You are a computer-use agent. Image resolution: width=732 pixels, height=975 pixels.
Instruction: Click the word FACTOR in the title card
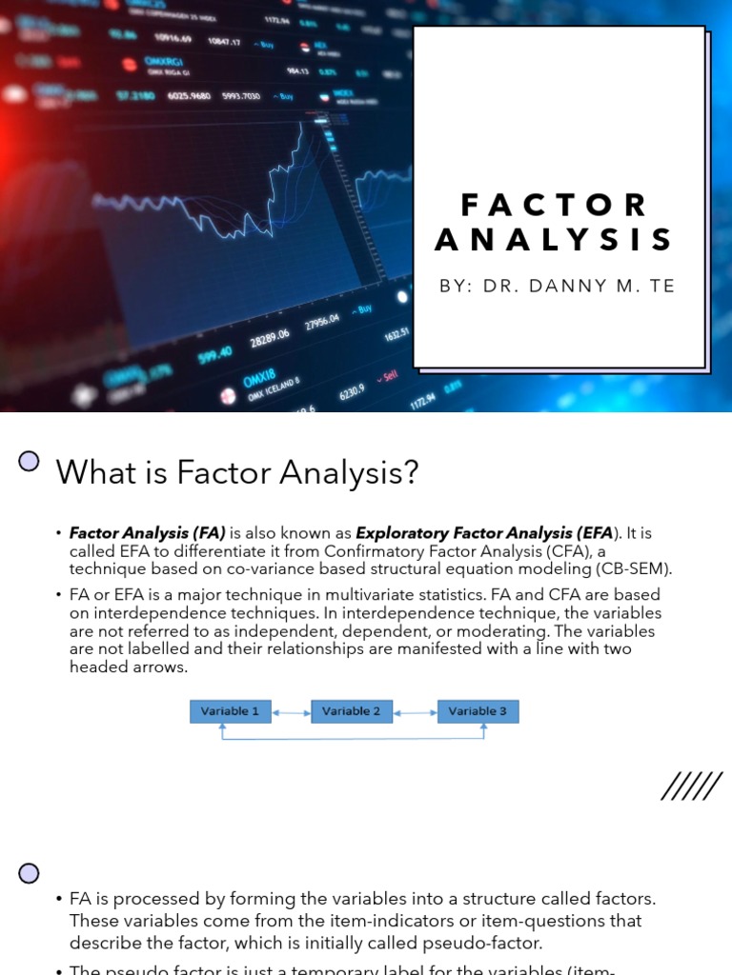(x=554, y=205)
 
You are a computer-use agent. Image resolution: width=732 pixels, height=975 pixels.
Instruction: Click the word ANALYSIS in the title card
(x=554, y=240)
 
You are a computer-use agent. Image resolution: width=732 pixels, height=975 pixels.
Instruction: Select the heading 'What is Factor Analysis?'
(x=237, y=471)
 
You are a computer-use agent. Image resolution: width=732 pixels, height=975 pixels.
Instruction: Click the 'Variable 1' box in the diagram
(x=230, y=711)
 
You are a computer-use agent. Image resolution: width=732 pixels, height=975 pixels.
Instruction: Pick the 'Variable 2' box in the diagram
(x=352, y=711)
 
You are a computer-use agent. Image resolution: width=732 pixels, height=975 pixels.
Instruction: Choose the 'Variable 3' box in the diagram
(x=478, y=711)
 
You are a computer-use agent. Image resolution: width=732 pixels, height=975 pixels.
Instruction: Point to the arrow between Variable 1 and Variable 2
(x=291, y=711)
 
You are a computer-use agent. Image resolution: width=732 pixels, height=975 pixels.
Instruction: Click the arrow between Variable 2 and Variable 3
(x=415, y=711)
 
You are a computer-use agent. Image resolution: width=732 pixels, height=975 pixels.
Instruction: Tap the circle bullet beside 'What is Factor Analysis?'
(x=30, y=462)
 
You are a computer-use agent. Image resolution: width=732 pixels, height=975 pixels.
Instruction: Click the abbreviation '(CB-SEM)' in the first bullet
(x=638, y=568)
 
